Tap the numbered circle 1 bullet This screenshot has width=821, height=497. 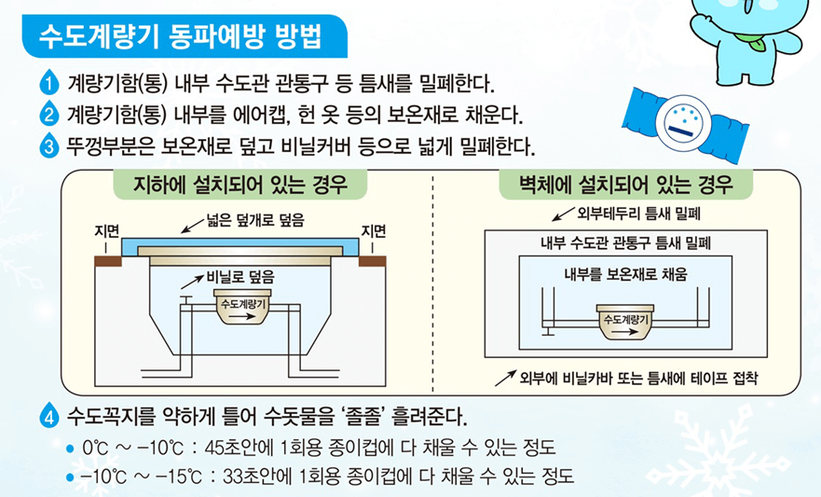pos(49,83)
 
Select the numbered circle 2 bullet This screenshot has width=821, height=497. pos(49,115)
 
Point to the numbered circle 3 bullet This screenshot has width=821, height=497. pos(49,146)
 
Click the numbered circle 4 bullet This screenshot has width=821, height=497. pos(49,415)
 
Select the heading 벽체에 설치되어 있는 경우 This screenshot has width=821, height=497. pos(625,184)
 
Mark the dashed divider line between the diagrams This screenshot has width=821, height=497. pos(433,289)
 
